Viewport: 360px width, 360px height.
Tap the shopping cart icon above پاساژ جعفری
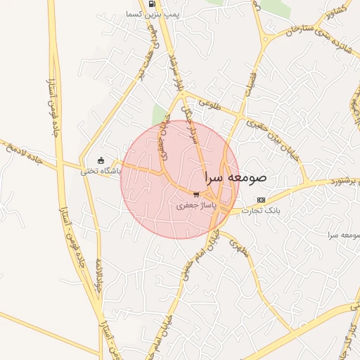196,194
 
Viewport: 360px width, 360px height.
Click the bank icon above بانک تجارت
262,200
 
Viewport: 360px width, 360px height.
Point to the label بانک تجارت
261,211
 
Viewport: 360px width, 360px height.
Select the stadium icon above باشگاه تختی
101,160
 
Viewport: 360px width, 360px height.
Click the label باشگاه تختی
101,171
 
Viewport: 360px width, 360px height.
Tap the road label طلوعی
210,103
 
